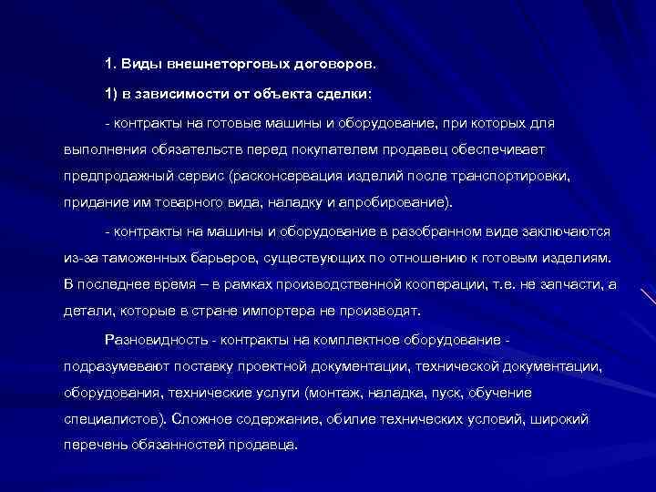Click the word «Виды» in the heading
pos(138,66)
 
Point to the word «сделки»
pos(339,94)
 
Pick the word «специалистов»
pos(108,420)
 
